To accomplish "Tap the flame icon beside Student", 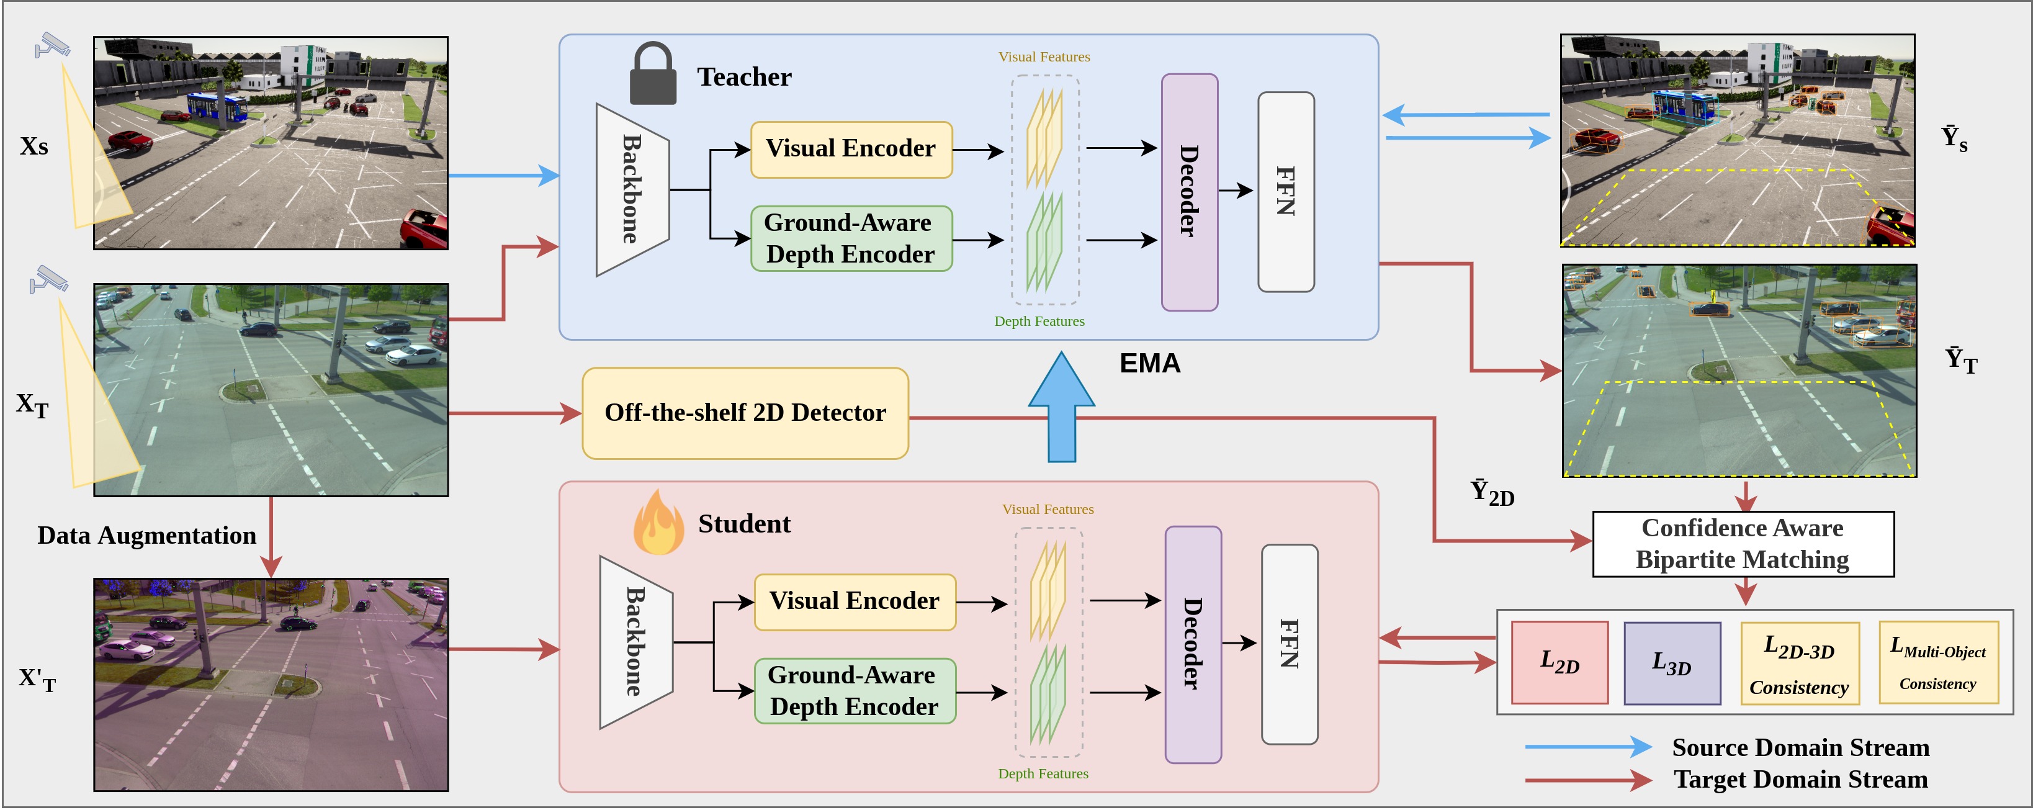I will click(x=658, y=523).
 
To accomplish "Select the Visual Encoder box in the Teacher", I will click(x=851, y=149).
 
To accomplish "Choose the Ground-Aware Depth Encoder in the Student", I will click(x=854, y=691).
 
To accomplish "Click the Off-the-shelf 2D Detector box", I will click(x=745, y=413).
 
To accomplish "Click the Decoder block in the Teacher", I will click(x=1190, y=192).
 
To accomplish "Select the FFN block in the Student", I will click(x=1289, y=644).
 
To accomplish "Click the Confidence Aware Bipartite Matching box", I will click(x=1743, y=544).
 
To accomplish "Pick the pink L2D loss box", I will click(x=1560, y=662).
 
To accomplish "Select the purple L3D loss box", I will click(x=1672, y=663).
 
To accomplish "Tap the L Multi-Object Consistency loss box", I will click(x=1938, y=663).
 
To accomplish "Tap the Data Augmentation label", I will click(x=147, y=535).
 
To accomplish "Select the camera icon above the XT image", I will click(x=49, y=279).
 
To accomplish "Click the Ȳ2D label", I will click(x=1492, y=493).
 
